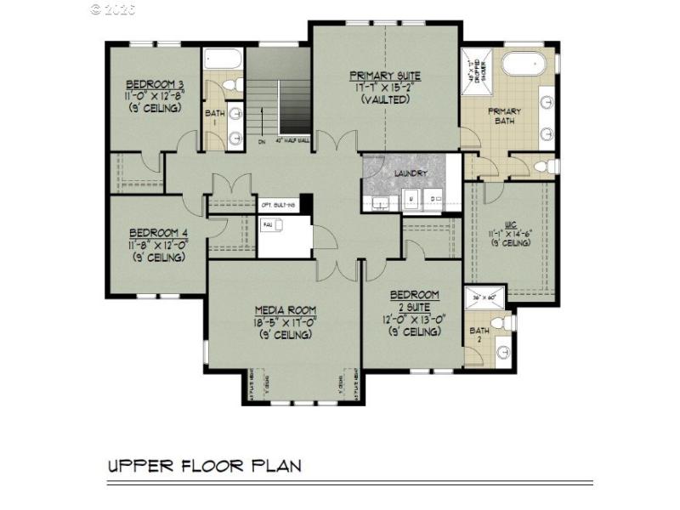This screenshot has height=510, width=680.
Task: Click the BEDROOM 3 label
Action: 156,83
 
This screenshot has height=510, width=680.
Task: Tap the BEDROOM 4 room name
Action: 158,232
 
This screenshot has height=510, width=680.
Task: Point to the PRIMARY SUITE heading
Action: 383,76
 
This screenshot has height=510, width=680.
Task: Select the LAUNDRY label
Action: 411,173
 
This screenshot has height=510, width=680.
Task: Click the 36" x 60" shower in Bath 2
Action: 483,298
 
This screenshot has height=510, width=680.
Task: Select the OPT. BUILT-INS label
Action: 279,205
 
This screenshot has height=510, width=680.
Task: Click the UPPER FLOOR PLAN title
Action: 204,466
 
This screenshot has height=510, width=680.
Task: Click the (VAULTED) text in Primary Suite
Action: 384,99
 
